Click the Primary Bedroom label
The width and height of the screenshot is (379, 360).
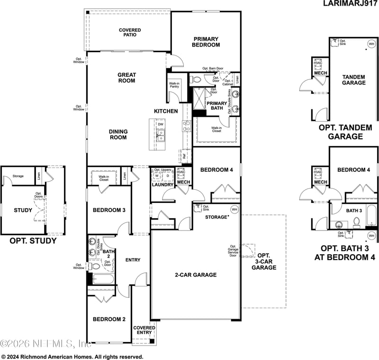[x=206, y=42]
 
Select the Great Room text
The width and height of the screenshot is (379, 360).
[x=126, y=78]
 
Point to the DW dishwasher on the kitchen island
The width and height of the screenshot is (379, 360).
[x=161, y=125]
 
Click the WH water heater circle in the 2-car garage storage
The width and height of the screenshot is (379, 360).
[x=234, y=210]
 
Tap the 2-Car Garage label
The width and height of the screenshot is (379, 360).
[x=196, y=275]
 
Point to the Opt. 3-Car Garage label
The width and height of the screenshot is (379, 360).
[x=264, y=262]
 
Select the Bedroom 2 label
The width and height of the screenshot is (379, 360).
[x=109, y=319]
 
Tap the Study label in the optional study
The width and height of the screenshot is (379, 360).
[x=23, y=210]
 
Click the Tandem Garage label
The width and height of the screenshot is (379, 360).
[x=354, y=80]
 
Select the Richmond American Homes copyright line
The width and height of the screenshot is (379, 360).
[x=72, y=356]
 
